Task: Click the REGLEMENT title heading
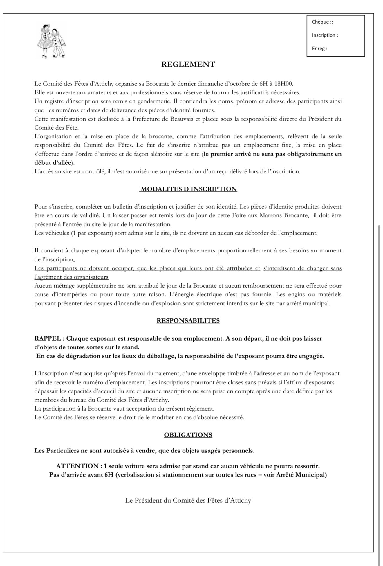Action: point(188,64)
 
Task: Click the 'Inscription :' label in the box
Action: point(325,35)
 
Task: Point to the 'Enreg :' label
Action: point(319,49)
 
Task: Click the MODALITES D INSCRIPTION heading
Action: point(189,189)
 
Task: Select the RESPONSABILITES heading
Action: point(188,320)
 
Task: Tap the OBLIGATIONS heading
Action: point(188,435)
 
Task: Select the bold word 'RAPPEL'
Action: point(48,338)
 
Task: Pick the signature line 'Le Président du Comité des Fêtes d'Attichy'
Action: point(188,500)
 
